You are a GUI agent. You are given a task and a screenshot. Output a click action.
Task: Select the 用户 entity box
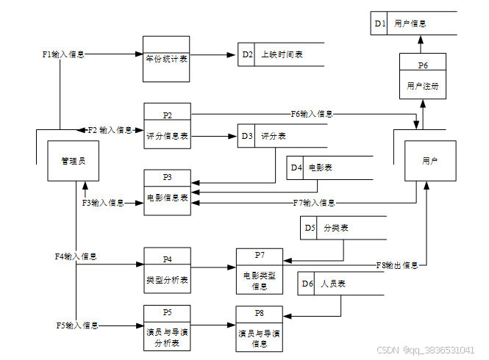coord(430,160)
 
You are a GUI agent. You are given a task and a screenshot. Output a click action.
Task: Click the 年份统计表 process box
coord(166,59)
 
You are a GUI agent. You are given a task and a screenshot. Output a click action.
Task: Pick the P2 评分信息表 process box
coord(167,126)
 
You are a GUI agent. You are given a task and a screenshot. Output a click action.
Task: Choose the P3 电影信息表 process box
coord(167,192)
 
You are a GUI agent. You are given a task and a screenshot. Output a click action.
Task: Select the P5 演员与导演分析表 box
coord(167,327)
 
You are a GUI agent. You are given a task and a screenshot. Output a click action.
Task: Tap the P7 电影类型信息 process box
coord(260,270)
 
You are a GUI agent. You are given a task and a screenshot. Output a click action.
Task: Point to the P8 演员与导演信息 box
coord(260,327)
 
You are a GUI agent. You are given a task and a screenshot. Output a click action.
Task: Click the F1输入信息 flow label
coord(63,54)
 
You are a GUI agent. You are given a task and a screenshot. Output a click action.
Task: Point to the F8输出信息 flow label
coord(397,264)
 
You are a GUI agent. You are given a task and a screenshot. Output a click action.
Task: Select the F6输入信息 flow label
coord(312,114)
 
